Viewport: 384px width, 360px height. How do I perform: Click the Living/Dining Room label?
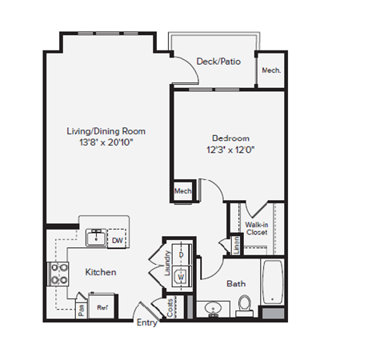click(x=106, y=130)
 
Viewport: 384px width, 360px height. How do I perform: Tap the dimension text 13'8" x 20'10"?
click(x=106, y=142)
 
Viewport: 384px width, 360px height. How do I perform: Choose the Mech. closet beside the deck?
click(x=270, y=70)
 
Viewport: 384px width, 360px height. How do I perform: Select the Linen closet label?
click(x=237, y=245)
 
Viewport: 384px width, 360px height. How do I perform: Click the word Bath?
click(x=236, y=283)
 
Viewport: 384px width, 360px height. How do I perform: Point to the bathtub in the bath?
click(x=272, y=284)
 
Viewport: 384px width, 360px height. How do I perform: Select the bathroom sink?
click(x=214, y=307)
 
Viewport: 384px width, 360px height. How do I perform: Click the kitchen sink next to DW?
click(x=94, y=238)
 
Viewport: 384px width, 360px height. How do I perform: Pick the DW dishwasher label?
click(x=117, y=239)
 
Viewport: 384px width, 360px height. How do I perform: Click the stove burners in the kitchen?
click(x=59, y=274)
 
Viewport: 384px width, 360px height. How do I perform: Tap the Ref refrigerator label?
click(x=102, y=306)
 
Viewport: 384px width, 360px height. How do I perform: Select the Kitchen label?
click(x=101, y=272)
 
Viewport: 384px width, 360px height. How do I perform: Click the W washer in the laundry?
click(x=181, y=276)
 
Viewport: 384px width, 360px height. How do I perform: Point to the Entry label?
click(x=147, y=323)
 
